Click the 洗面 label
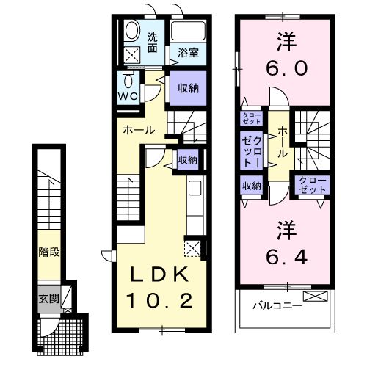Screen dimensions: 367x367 pos(153,43)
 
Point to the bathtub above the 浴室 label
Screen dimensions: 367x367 pos(189,32)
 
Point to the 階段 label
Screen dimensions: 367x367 pos(49,252)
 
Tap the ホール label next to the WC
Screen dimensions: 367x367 pos(138,130)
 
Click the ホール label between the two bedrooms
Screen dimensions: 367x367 pos(283,139)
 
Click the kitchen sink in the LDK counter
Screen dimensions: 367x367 pos(195,189)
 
